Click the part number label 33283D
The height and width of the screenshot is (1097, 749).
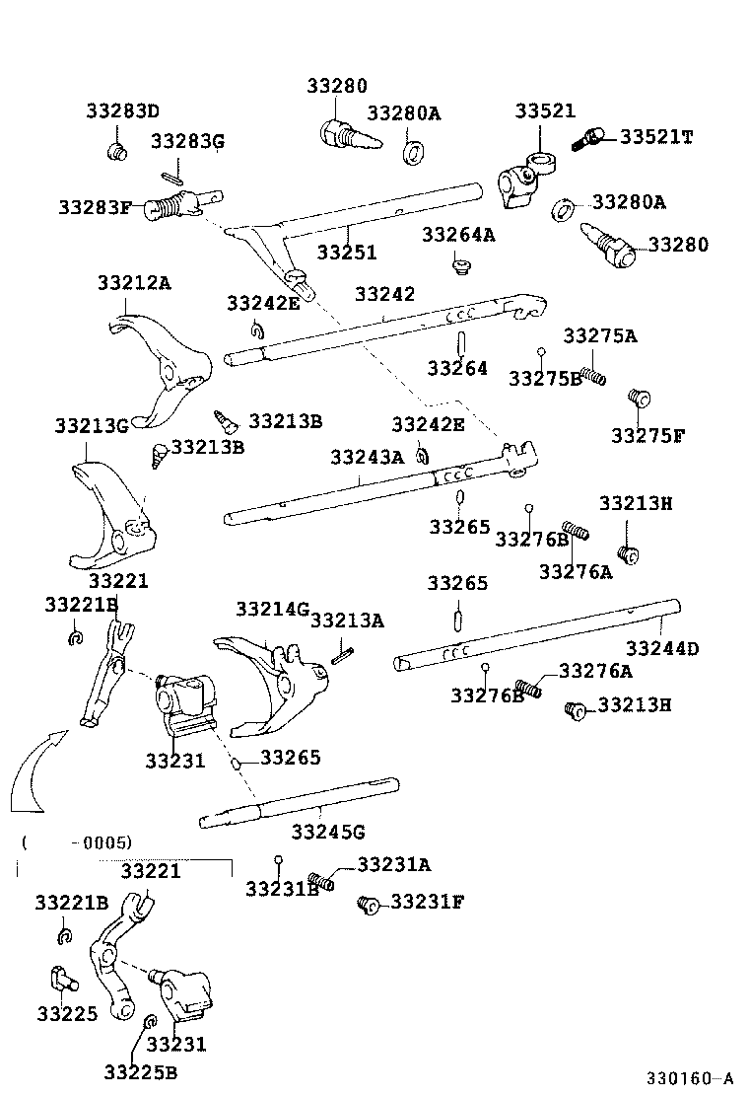point(122,110)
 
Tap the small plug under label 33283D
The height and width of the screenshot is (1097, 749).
point(116,151)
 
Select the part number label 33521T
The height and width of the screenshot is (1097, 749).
point(655,137)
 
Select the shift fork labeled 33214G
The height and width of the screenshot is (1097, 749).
point(268,681)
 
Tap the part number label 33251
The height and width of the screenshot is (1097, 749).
point(346,253)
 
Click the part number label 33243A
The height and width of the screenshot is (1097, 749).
point(367,457)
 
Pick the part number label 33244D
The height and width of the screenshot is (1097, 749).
point(662,648)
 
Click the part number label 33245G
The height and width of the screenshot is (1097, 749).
point(328,832)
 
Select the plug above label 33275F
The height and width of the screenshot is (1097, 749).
point(638,399)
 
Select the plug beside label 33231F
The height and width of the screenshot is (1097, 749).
point(370,903)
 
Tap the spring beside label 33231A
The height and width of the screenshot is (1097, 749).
point(320,880)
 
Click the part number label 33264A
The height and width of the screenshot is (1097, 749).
point(458,235)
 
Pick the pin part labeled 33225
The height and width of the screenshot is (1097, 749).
point(63,981)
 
